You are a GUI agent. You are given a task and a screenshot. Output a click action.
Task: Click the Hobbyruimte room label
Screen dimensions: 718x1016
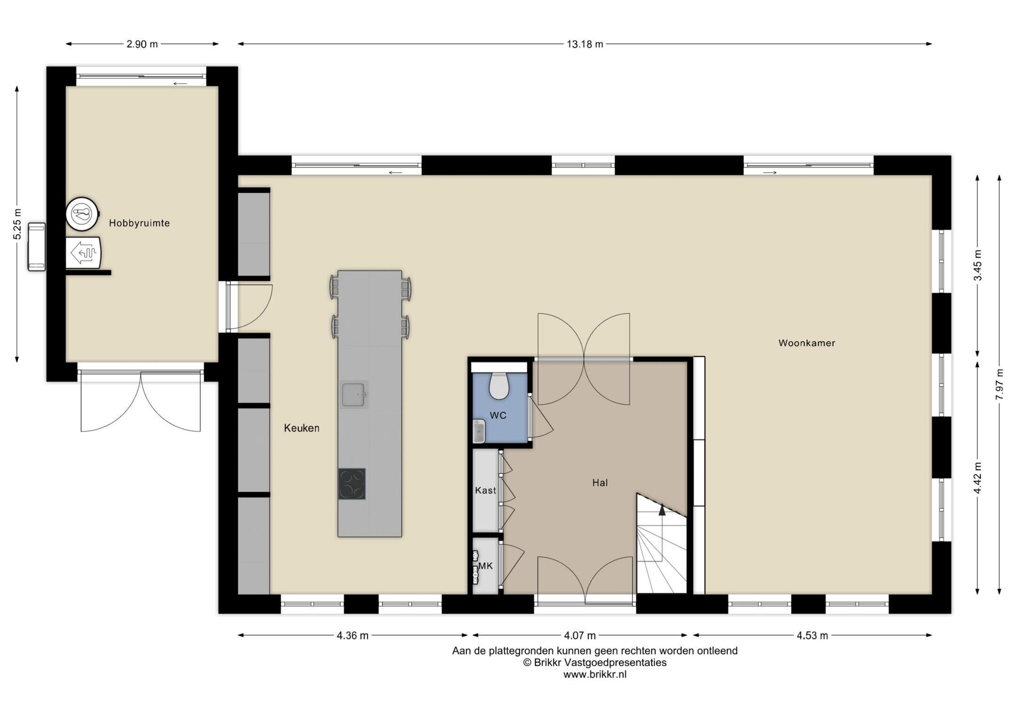(139, 223)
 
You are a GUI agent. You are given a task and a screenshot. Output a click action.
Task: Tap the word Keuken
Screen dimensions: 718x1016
(302, 428)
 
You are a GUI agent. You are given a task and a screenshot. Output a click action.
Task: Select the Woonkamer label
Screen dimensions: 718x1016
(807, 343)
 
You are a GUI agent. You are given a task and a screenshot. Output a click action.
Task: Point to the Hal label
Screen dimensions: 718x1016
(600, 483)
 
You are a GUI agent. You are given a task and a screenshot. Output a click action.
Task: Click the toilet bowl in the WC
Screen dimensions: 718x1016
(499, 386)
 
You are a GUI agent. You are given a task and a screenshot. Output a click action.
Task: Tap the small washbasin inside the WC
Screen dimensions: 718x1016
(478, 431)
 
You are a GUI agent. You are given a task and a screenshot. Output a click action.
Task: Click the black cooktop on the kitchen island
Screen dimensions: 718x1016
(352, 484)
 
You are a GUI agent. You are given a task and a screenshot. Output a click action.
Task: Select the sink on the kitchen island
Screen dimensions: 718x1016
(354, 394)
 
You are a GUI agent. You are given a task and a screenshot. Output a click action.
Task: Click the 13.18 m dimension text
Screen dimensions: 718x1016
(585, 45)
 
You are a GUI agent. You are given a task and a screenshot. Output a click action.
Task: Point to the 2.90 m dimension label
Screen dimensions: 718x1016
(142, 45)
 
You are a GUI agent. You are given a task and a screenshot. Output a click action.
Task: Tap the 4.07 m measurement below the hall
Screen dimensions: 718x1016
(580, 636)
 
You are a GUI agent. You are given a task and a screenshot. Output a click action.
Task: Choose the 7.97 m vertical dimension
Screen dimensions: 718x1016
(1000, 384)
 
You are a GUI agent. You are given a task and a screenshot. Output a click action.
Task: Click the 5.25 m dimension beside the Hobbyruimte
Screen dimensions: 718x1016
(17, 224)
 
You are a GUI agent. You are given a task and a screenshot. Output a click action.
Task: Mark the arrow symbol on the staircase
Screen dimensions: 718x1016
(662, 509)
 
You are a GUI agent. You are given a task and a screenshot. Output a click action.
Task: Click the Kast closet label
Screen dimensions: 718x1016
(485, 491)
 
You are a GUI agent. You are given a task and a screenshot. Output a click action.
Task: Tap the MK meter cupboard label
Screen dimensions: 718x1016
(485, 566)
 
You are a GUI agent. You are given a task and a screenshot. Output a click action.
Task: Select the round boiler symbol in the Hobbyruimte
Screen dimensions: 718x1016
(82, 214)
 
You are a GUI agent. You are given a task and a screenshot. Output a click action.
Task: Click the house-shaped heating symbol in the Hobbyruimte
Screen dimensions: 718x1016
(83, 252)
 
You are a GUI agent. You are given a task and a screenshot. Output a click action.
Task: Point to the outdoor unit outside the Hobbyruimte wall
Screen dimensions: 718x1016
(37, 247)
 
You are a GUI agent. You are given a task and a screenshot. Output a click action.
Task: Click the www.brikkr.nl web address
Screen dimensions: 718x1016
(595, 674)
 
